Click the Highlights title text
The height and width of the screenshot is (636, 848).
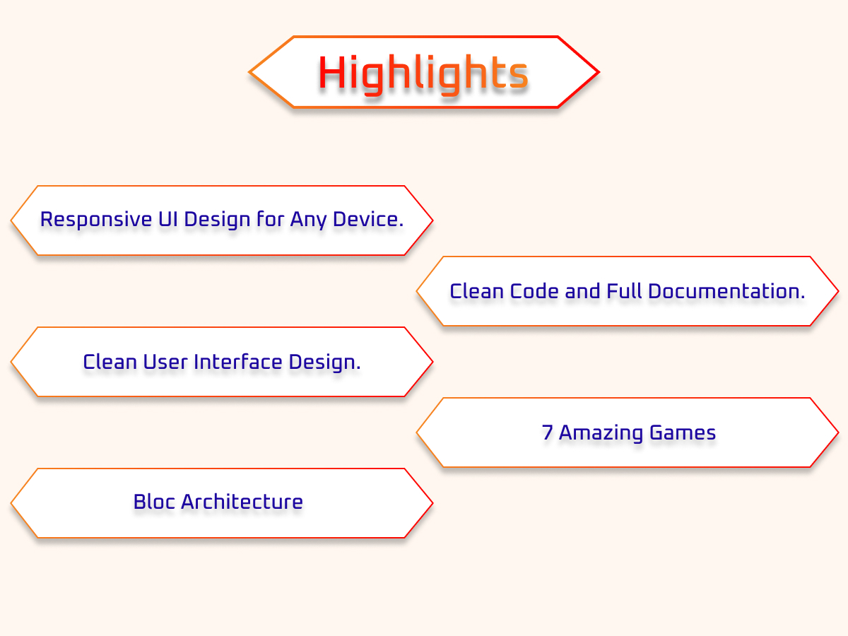(x=423, y=73)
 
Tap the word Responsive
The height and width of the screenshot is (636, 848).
(x=96, y=220)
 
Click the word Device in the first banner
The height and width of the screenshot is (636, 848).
(x=367, y=219)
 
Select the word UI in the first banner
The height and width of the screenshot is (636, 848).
(x=168, y=219)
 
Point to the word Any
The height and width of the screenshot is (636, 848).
(x=309, y=220)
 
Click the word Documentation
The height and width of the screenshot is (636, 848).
(x=726, y=291)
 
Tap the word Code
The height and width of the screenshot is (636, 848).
(x=534, y=291)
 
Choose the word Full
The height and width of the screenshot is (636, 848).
(x=624, y=291)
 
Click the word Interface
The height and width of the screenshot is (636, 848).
(x=238, y=363)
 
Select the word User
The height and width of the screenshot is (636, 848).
(x=165, y=363)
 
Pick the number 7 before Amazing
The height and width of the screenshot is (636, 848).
(x=547, y=432)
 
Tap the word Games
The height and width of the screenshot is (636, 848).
(x=683, y=432)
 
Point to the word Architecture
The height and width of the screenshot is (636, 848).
(x=242, y=502)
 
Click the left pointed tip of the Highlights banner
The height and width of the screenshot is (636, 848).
(x=249, y=72)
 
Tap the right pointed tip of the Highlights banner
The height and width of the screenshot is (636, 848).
(x=599, y=72)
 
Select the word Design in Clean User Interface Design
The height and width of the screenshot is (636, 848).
(x=324, y=363)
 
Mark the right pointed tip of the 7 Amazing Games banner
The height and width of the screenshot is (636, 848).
(x=838, y=432)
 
